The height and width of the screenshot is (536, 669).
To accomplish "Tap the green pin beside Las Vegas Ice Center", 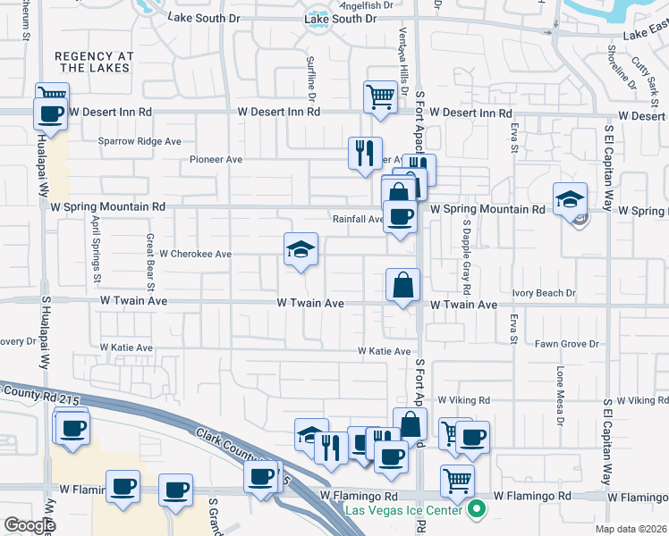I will (477, 511).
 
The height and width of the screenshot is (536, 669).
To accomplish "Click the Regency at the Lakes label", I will (94, 62).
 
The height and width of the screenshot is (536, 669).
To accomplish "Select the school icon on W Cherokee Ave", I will (301, 249).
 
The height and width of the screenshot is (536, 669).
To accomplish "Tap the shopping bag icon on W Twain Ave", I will (403, 285).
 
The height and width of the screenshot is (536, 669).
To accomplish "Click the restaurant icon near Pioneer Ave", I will (365, 154).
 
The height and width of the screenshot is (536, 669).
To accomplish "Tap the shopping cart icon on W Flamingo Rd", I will (457, 481).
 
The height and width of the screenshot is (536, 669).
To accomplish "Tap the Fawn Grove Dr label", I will (566, 344).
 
